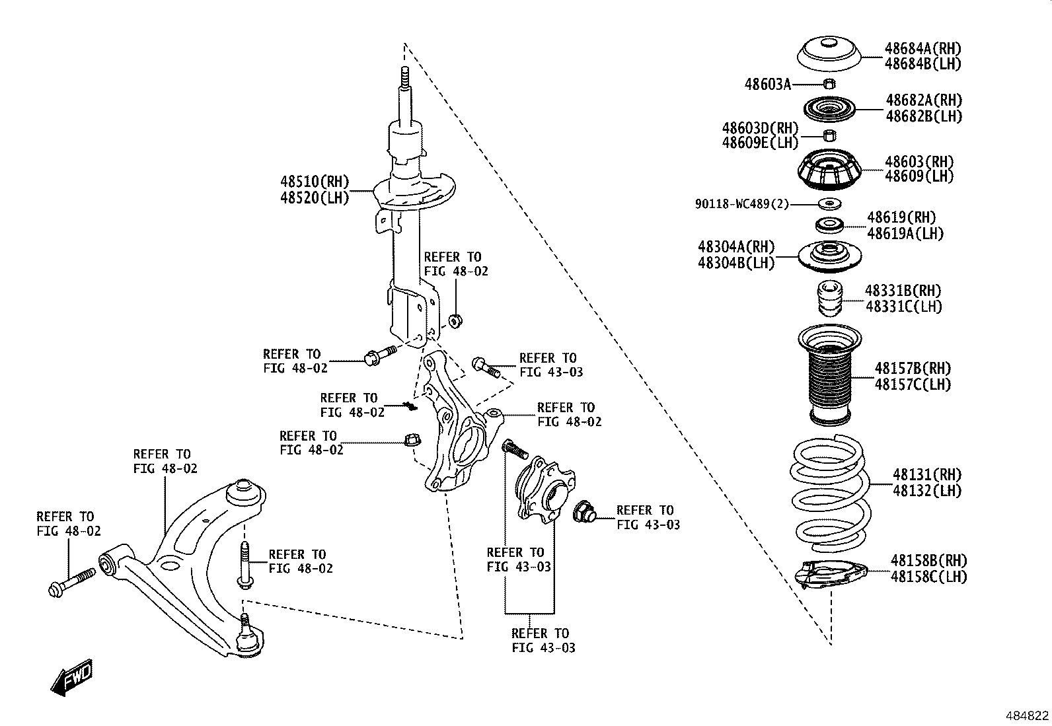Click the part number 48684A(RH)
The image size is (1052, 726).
pos(923,48)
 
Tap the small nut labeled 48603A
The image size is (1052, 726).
pos(831,83)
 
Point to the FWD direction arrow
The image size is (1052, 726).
pos(71,677)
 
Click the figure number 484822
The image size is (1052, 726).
pos(1027,715)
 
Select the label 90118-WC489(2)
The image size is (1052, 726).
pos(741,204)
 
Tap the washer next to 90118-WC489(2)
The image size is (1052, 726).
pos(830,203)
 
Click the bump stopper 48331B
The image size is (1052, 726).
pos(830,299)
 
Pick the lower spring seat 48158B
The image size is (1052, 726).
pos(830,573)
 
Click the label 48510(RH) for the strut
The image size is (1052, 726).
pos(314,182)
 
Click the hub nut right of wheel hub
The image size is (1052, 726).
pos(585,511)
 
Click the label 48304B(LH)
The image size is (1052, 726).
pos(736,262)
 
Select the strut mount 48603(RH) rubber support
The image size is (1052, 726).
pos(830,170)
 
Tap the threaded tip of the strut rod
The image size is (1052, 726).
pos(404,77)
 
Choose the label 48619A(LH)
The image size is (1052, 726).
pos(905,233)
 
